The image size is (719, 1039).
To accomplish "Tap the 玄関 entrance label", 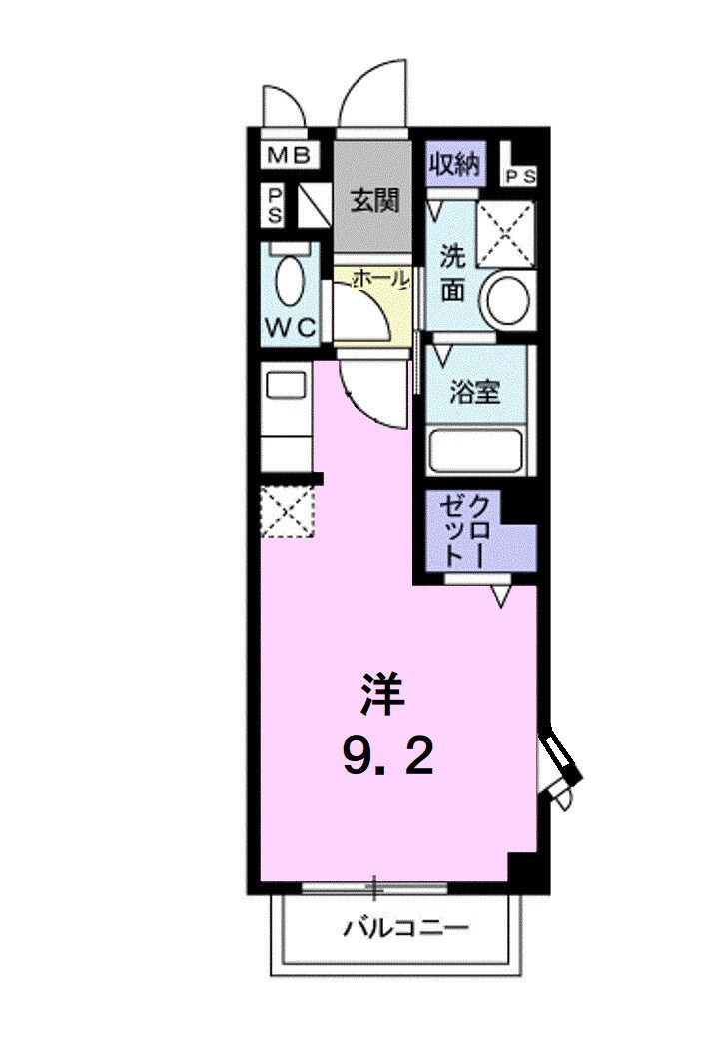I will pyautogui.click(x=374, y=200).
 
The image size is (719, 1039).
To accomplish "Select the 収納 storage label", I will pyautogui.click(x=455, y=164).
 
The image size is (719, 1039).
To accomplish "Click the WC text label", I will pyautogui.click(x=290, y=326).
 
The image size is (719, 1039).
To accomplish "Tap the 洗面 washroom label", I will pyautogui.click(x=453, y=271).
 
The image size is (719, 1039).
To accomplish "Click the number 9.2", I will pyautogui.click(x=388, y=759).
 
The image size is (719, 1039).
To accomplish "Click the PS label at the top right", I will pyautogui.click(x=519, y=176).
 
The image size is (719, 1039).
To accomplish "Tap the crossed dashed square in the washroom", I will pyautogui.click(x=507, y=234).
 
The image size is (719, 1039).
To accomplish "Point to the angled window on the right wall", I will pyautogui.click(x=559, y=763).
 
